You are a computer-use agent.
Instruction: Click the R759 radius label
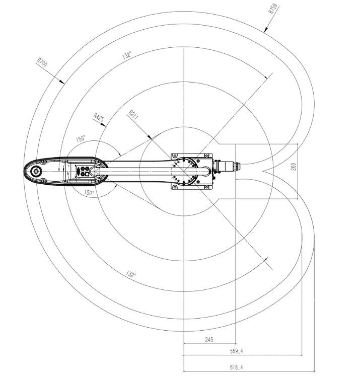point(273,9)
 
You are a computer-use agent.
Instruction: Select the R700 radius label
point(42,62)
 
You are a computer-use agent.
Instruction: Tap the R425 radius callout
point(99,117)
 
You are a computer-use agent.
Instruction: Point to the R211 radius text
point(133,115)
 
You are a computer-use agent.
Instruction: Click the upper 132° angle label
point(127,55)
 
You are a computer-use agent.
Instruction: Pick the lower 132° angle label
point(131,274)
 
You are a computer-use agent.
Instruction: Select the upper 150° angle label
point(81,138)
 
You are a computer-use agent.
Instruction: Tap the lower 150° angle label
point(89,193)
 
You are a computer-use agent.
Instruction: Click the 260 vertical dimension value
point(294,167)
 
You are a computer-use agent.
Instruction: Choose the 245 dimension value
point(209,339)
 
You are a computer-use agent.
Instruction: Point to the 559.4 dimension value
point(236,351)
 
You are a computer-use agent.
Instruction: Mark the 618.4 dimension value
point(236,367)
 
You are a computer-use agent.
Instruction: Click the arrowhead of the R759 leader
point(266,30)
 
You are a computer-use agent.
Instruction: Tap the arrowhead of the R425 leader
point(104,125)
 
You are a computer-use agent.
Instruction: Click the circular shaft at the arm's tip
point(36,171)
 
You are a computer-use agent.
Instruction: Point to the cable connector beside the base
point(227,167)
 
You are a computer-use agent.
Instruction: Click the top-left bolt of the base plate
point(175,156)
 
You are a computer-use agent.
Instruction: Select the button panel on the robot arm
point(83,171)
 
